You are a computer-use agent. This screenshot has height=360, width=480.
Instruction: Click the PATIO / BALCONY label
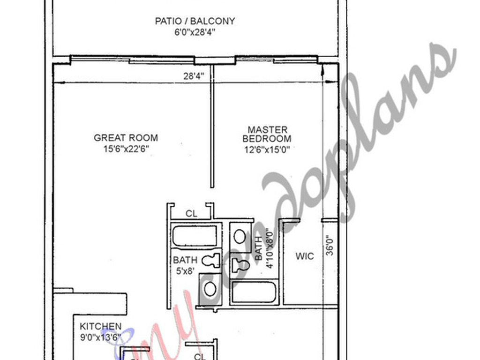(195, 22)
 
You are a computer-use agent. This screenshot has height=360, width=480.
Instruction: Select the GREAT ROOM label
(126, 138)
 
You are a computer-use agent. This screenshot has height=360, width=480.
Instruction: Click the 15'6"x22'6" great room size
(126, 149)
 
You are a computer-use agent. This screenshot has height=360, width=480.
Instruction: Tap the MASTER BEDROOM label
(267, 134)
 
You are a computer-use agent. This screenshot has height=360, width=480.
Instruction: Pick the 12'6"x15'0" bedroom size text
(267, 150)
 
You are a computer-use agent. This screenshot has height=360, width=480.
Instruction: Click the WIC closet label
(305, 256)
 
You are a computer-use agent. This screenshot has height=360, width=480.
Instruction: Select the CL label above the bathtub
(191, 214)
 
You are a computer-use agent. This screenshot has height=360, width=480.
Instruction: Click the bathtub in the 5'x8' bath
(195, 236)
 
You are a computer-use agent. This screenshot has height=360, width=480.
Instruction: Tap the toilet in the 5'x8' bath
(212, 260)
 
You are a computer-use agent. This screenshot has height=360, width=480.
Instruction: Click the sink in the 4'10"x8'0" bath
(240, 236)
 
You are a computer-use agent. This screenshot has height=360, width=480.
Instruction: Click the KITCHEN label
(100, 327)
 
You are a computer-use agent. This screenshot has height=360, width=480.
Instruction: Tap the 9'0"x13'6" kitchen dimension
(100, 337)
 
